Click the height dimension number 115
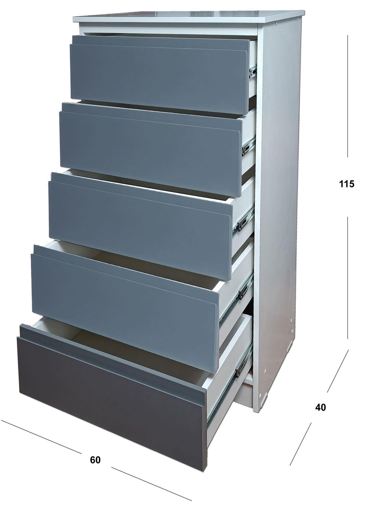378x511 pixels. [347, 184]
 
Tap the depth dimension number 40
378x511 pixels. [321, 407]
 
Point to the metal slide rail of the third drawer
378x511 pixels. [243, 221]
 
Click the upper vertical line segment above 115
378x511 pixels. [347, 96]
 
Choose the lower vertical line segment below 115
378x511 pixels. [348, 277]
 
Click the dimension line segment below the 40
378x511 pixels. [300, 444]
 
